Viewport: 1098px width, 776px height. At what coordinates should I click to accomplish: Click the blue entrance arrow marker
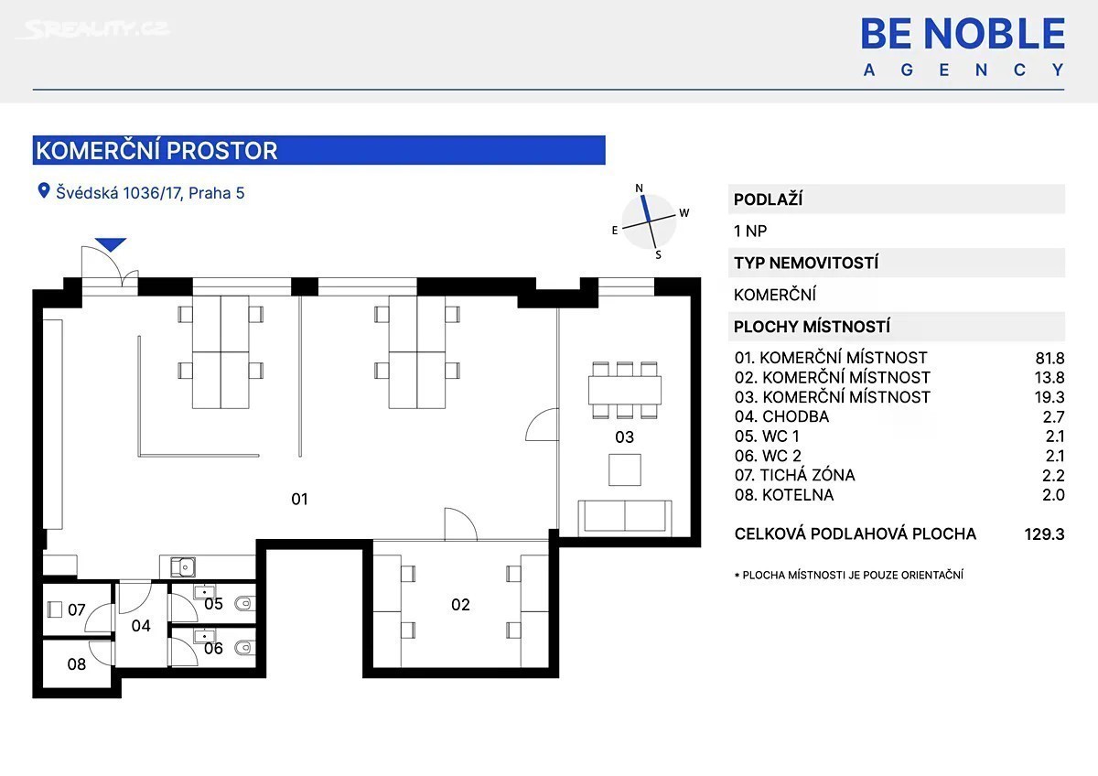pyautogui.click(x=111, y=244)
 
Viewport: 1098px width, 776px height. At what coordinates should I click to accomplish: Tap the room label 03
pyautogui.click(x=624, y=436)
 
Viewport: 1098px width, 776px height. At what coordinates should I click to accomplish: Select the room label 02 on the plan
pyautogui.click(x=460, y=605)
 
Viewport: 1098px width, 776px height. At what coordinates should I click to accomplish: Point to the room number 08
pyautogui.click(x=77, y=664)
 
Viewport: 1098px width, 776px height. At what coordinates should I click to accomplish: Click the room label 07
pyautogui.click(x=77, y=609)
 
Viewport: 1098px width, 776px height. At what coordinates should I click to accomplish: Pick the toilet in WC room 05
pyautogui.click(x=243, y=603)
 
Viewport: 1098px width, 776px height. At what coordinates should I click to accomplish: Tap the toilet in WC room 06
pyautogui.click(x=243, y=648)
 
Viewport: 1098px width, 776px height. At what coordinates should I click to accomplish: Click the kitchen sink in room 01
pyautogui.click(x=183, y=567)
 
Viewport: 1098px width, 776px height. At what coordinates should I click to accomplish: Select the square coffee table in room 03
pyautogui.click(x=624, y=469)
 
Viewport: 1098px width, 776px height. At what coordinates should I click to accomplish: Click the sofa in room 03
pyautogui.click(x=625, y=518)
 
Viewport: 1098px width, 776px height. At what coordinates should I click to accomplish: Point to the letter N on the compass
pyautogui.click(x=639, y=189)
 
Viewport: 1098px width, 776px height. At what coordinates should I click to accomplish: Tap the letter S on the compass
pyautogui.click(x=658, y=255)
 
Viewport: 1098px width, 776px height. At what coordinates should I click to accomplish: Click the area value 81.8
pyautogui.click(x=1050, y=359)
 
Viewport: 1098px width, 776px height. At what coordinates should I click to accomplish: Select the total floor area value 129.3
pyautogui.click(x=1044, y=533)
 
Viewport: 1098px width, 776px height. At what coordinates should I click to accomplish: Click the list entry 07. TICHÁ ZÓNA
pyautogui.click(x=794, y=475)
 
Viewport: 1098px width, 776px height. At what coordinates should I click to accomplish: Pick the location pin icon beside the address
pyautogui.click(x=44, y=190)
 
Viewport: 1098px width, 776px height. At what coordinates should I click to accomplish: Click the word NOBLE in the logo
pyautogui.click(x=995, y=34)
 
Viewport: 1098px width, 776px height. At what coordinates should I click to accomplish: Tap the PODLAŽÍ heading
pyautogui.click(x=768, y=199)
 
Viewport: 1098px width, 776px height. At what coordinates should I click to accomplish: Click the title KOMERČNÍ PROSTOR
pyautogui.click(x=156, y=150)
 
